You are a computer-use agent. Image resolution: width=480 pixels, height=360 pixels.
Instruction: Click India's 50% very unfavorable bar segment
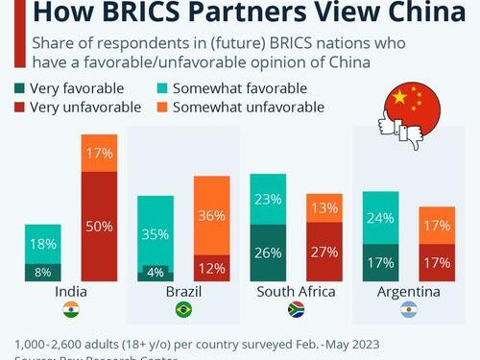click(x=100, y=226)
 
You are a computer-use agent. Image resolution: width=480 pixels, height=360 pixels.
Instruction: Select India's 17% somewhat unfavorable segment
click(x=100, y=153)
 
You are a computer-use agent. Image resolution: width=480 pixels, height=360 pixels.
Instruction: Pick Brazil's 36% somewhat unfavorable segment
click(x=211, y=217)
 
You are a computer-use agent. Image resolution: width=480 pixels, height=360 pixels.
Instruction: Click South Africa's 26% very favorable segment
click(x=268, y=253)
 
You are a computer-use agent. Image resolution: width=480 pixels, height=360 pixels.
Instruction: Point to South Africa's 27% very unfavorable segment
click(x=324, y=252)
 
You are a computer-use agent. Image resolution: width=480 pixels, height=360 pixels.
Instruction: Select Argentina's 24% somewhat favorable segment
click(x=380, y=218)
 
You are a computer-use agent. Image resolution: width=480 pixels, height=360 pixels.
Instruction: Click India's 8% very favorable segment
click(x=43, y=273)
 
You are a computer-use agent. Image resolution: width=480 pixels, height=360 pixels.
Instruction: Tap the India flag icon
click(x=71, y=310)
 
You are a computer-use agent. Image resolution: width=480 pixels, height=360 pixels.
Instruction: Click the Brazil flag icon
click(x=183, y=310)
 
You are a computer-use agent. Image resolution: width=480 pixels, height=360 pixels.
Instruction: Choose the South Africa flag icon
click(x=296, y=310)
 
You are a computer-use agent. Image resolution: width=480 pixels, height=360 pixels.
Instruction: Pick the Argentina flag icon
click(x=408, y=310)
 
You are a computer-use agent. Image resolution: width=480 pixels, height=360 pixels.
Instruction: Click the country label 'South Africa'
click(x=296, y=291)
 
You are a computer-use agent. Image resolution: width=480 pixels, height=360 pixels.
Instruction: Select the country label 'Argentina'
click(x=408, y=291)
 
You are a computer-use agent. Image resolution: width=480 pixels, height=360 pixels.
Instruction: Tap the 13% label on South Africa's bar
click(x=324, y=208)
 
